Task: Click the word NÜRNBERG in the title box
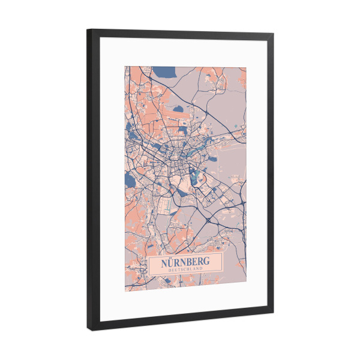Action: coord(185,263)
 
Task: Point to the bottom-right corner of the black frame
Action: coord(273,312)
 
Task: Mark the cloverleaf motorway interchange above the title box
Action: coord(208,221)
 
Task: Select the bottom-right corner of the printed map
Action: coord(246,287)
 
